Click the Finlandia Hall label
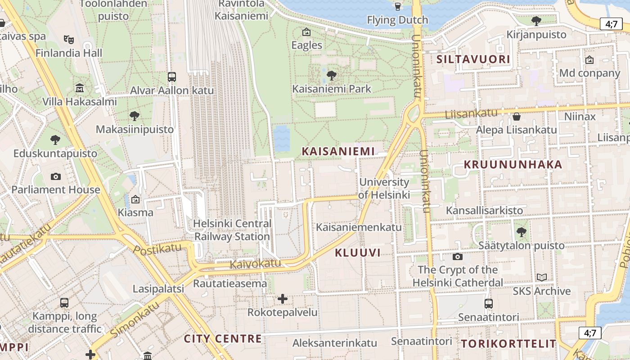point(69,53)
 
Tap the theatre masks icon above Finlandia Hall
point(68,40)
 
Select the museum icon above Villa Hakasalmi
point(80,87)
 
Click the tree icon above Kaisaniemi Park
point(332,75)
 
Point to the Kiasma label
point(135,212)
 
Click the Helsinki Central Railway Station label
point(232,230)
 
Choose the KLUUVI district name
point(358,253)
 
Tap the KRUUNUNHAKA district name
point(513,165)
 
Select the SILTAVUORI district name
point(473,59)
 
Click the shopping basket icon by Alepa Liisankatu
point(517,117)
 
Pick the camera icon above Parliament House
point(56,176)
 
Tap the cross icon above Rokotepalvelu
point(283,299)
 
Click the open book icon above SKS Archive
point(542,278)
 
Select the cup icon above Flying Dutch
point(397,6)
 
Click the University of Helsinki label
point(384,189)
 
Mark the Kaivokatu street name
point(255,264)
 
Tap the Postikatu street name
point(157,249)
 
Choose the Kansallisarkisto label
point(484,210)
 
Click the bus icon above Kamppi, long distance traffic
point(64,303)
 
